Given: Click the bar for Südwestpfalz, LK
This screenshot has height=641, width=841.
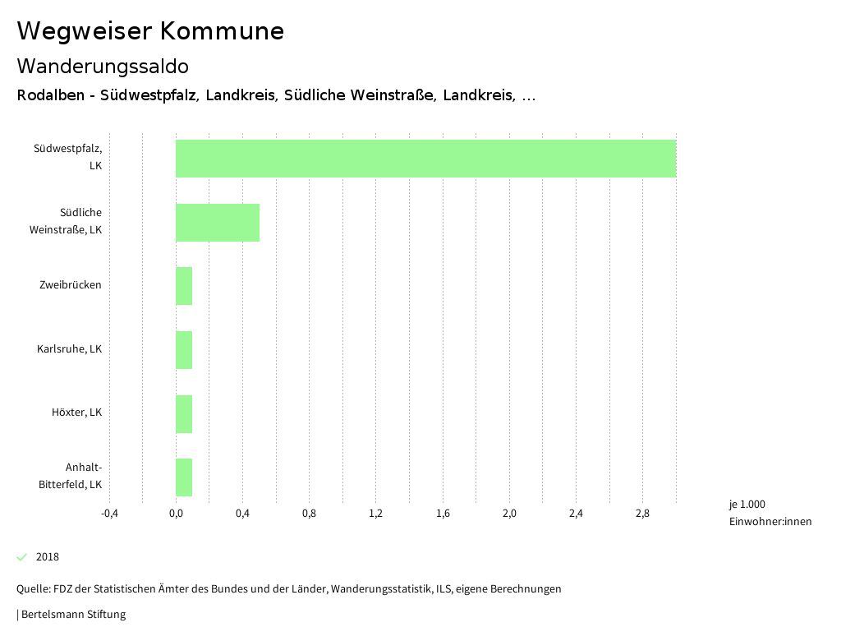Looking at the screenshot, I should (425, 159).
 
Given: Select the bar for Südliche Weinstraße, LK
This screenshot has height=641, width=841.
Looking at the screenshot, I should (218, 222).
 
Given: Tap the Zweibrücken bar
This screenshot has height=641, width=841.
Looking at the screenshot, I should (184, 286).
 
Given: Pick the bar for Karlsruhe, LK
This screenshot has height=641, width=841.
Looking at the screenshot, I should (184, 350).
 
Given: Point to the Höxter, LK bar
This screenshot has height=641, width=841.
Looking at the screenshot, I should (184, 413).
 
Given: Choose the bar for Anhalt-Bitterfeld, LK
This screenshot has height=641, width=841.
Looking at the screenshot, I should (184, 477).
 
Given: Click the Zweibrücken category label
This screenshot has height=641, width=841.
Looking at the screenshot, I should (71, 285).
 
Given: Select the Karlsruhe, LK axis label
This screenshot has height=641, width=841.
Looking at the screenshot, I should (69, 349).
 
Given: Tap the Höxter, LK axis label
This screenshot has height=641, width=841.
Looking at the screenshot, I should (76, 413).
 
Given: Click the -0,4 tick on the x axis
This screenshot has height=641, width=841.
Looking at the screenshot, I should (109, 514).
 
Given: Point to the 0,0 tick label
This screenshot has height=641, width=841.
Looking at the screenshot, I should (176, 514).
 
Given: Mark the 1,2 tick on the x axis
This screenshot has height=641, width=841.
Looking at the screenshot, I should (376, 514).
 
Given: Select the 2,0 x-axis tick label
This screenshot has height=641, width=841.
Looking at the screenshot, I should (509, 514).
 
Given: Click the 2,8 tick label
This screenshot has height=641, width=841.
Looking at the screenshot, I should (642, 514).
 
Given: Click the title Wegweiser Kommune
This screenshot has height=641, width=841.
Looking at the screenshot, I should (150, 30).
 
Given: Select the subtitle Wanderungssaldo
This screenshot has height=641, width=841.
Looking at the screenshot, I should (103, 66).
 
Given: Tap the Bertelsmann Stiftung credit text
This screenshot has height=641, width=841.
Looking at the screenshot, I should (72, 615).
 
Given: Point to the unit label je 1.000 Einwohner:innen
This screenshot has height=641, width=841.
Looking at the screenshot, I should (770, 513).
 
